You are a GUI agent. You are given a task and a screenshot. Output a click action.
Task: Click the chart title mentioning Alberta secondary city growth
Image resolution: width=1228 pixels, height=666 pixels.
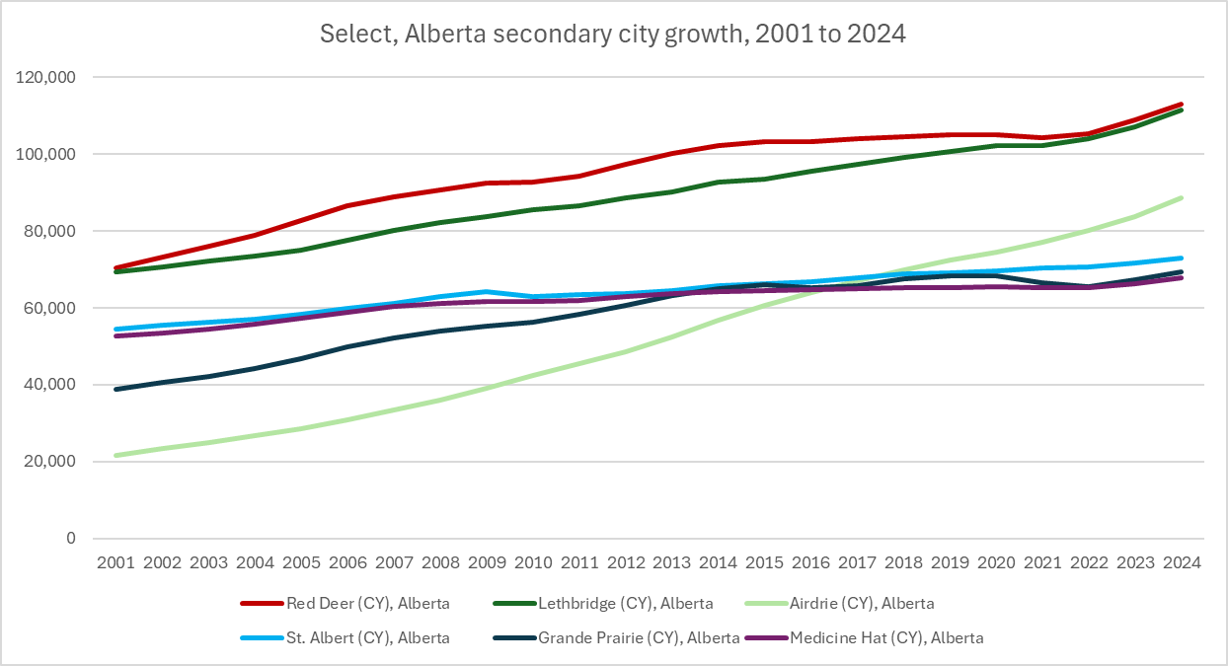613,34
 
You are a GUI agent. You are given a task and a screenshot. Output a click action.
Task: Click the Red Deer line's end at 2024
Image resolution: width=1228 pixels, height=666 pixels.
1182,105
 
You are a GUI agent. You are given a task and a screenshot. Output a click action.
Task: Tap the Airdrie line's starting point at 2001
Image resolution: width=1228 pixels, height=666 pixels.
115,455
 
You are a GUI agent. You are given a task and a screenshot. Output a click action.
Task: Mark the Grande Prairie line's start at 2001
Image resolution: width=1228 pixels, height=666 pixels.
115,389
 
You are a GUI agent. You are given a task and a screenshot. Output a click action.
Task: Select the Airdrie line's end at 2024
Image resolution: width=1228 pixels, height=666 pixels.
1182,198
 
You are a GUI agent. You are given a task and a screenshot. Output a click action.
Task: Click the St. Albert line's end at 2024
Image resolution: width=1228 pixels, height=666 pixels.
1182,259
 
